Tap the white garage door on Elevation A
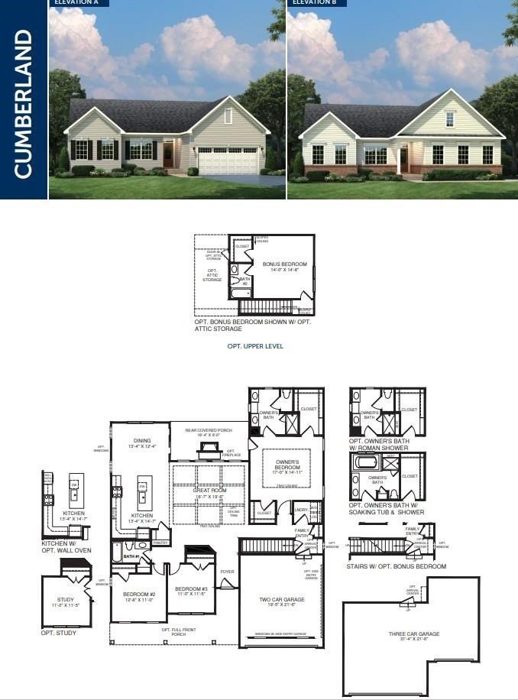pyautogui.click(x=228, y=160)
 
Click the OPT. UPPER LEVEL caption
pyautogui.click(x=255, y=346)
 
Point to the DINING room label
pyautogui.click(x=141, y=442)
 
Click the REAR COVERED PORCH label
pyautogui.click(x=209, y=430)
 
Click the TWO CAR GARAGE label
pyautogui.click(x=282, y=601)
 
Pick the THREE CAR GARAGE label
pyautogui.click(x=413, y=634)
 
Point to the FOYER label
pyautogui.click(x=228, y=570)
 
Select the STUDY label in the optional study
pyautogui.click(x=66, y=601)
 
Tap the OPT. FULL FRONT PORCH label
pyautogui.click(x=178, y=632)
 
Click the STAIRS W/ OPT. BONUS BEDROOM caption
pyautogui.click(x=397, y=566)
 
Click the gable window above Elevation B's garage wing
pyautogui.click(x=450, y=119)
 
